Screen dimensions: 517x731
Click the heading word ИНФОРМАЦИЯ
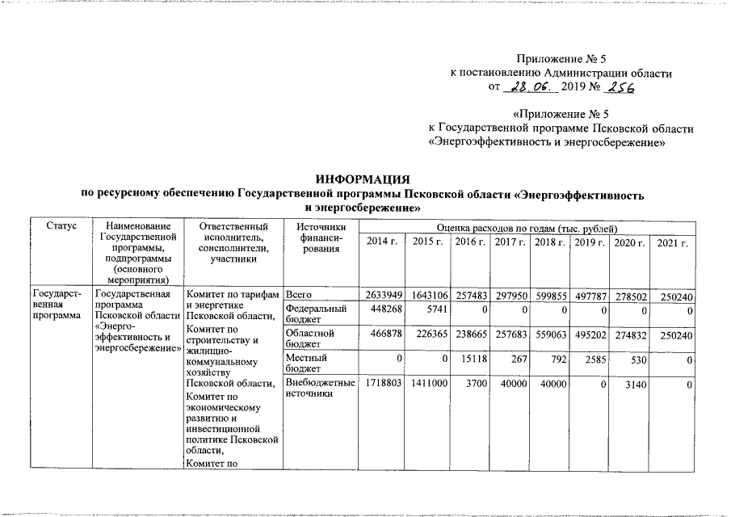pos(364,179)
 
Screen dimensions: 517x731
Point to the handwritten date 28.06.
pos(525,88)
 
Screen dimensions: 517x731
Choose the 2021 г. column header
pos(672,242)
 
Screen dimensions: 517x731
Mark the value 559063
pos(550,334)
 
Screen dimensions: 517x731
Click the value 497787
pos(589,297)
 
